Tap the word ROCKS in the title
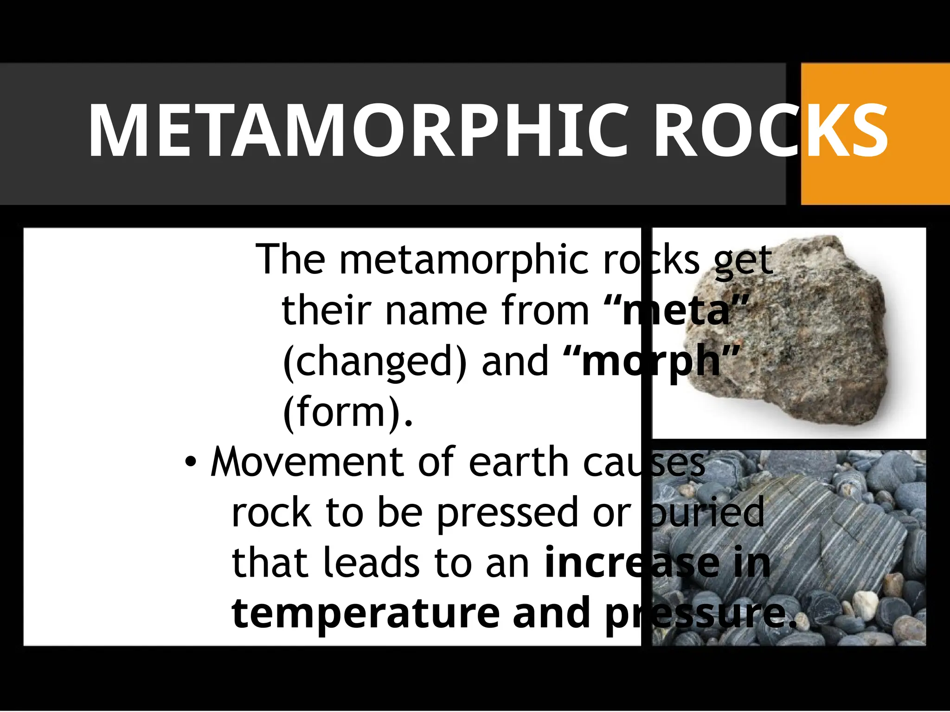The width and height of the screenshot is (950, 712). coord(770,131)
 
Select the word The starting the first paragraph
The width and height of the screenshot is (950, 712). coord(290,260)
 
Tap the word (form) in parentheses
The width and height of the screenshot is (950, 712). coord(341,413)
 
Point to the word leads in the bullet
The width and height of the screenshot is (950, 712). coord(371,563)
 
